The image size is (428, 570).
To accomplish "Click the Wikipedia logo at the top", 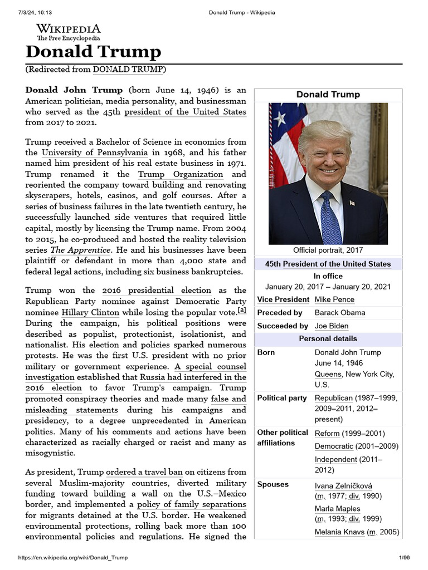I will click(x=69, y=32).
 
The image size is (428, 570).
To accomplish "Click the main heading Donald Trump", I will click(x=93, y=52).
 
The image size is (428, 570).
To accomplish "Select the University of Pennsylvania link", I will click(x=95, y=153).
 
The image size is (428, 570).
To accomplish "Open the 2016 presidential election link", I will click(x=157, y=290).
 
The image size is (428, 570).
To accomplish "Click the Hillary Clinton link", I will click(x=90, y=312).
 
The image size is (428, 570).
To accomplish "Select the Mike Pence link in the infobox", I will click(x=334, y=299).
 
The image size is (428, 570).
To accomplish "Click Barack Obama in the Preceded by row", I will click(x=340, y=313).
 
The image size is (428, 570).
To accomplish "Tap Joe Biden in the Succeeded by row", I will click(x=332, y=326).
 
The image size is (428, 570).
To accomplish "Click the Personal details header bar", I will click(x=328, y=338).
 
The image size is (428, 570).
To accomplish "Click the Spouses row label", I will click(x=273, y=484).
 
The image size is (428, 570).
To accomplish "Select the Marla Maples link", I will click(x=337, y=509).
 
